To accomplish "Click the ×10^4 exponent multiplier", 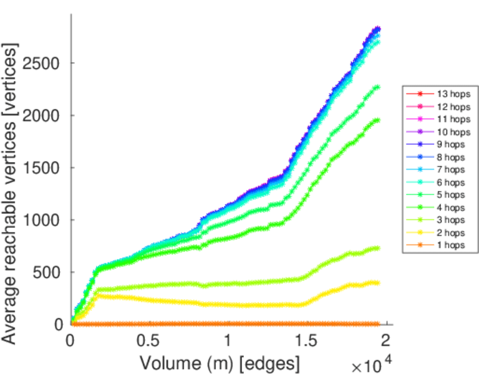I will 374,364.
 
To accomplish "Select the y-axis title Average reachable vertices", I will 11,193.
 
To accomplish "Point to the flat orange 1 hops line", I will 225,324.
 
